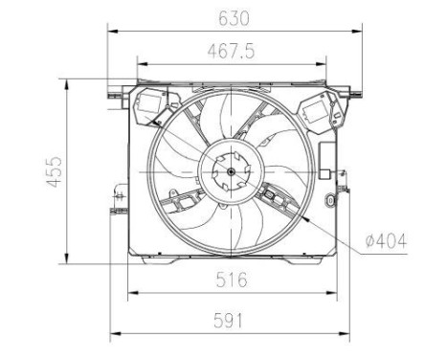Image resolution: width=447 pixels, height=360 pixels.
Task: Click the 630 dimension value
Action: point(233,17)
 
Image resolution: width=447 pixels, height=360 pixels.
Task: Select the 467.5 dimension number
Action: point(233,52)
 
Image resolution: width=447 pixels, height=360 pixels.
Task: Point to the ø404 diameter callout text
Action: point(386,241)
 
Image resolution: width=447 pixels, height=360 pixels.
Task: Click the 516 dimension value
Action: point(231,280)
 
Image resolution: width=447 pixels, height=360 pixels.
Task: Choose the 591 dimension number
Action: point(231,321)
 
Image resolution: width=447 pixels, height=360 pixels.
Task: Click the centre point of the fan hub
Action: point(231,172)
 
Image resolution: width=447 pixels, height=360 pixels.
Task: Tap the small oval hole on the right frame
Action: point(331,202)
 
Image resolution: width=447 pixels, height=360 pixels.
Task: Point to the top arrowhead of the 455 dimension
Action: point(67,82)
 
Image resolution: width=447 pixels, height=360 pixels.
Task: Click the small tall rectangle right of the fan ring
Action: point(326,173)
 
